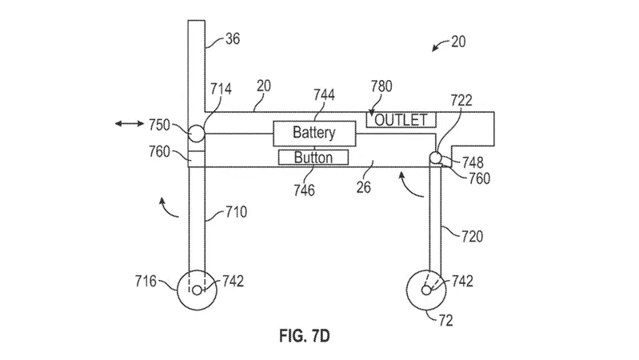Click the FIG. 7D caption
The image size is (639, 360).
click(x=305, y=336)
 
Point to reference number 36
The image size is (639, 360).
click(x=232, y=38)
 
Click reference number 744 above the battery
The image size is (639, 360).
click(x=324, y=94)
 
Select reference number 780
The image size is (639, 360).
click(x=381, y=86)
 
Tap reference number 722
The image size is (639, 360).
click(x=461, y=100)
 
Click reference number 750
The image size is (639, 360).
click(x=159, y=125)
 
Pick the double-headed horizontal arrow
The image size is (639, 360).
click(x=130, y=123)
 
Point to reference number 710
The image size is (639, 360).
click(x=236, y=212)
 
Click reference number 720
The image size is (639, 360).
click(x=472, y=237)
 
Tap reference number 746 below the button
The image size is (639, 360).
click(x=304, y=190)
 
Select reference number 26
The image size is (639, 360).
click(x=364, y=187)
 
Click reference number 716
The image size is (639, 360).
click(x=146, y=281)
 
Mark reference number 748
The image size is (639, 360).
click(x=473, y=162)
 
